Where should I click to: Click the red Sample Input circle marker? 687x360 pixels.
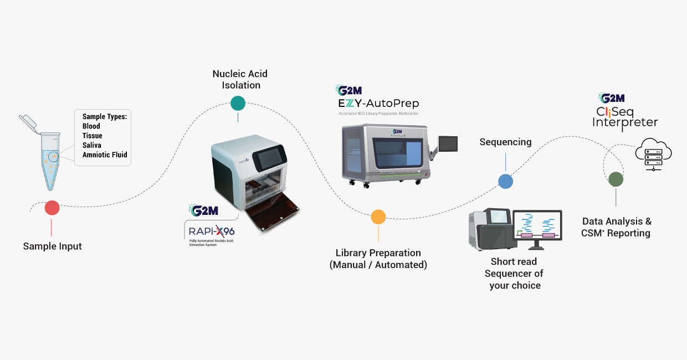(52, 208)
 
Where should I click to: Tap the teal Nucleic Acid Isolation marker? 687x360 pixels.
(238, 103)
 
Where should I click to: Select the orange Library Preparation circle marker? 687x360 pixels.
(378, 217)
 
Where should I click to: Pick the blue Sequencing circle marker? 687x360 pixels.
(505, 181)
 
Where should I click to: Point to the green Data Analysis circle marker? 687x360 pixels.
(616, 179)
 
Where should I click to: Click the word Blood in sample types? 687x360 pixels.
(91, 126)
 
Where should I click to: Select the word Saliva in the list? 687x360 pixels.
(92, 145)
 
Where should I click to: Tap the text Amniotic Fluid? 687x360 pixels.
(105, 155)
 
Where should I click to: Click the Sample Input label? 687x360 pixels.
(52, 246)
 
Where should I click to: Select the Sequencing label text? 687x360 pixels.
(505, 142)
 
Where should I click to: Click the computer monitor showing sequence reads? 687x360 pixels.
(537, 228)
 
